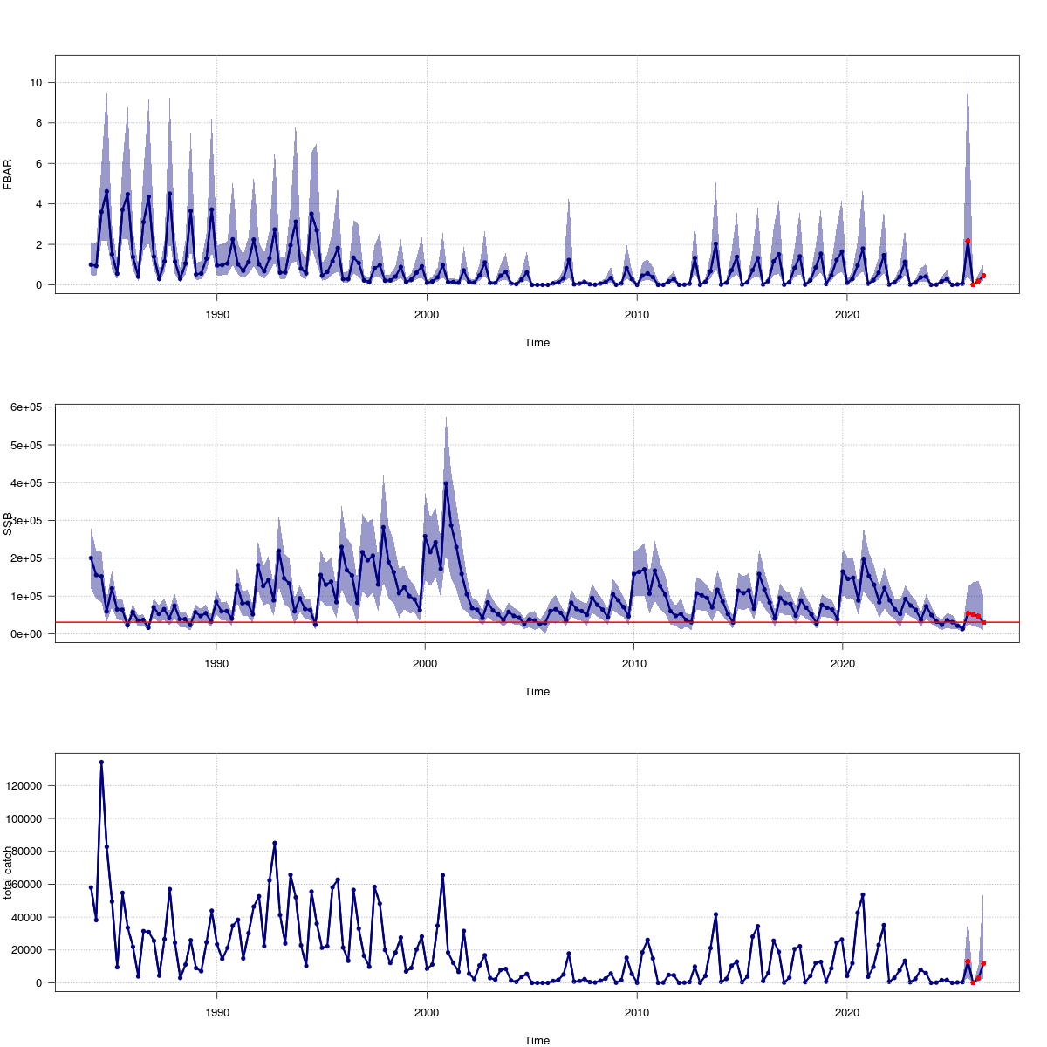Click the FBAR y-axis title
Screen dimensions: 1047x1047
click(x=8, y=174)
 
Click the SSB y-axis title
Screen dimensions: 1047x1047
click(x=8, y=523)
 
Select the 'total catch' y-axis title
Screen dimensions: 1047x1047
click(x=8, y=872)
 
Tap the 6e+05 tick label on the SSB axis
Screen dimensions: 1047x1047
click(x=28, y=407)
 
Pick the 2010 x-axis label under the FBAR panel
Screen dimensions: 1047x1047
click(x=636, y=314)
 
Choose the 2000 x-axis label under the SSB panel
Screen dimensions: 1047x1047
click(x=425, y=663)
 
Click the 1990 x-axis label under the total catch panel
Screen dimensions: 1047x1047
click(x=216, y=1012)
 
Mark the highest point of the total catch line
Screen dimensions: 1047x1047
click(x=101, y=762)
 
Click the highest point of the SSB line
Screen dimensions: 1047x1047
click(x=446, y=483)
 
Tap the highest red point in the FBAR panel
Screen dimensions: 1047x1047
click(x=968, y=241)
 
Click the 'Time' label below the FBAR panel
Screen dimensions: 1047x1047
click(x=537, y=343)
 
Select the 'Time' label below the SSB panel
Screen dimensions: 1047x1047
click(x=537, y=692)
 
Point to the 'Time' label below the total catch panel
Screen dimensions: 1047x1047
click(x=537, y=1040)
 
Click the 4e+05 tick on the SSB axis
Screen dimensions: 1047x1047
click(x=28, y=482)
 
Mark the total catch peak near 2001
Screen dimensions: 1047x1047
click(x=443, y=875)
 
